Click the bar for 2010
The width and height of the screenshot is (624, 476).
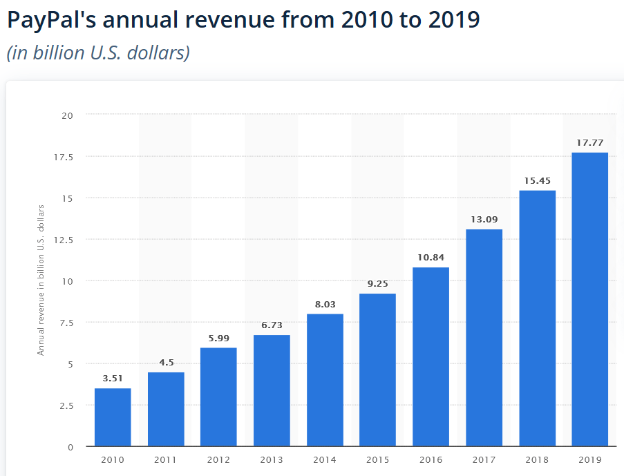(113, 417)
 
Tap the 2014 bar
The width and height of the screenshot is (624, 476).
(325, 380)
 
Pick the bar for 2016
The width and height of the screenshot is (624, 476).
(431, 356)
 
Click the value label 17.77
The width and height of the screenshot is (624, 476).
(589, 143)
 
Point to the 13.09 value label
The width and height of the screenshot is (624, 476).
(484, 220)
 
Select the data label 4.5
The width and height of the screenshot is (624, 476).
(166, 363)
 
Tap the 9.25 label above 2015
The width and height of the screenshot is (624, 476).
(378, 284)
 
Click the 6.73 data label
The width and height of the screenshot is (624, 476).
(272, 325)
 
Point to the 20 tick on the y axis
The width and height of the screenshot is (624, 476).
(67, 115)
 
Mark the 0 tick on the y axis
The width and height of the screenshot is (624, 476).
(70, 447)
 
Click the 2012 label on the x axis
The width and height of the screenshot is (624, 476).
(218, 460)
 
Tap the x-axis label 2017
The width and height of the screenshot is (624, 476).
(484, 460)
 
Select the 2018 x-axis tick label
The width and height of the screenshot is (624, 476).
(537, 460)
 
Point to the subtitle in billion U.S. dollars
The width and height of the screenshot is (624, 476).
(97, 53)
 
